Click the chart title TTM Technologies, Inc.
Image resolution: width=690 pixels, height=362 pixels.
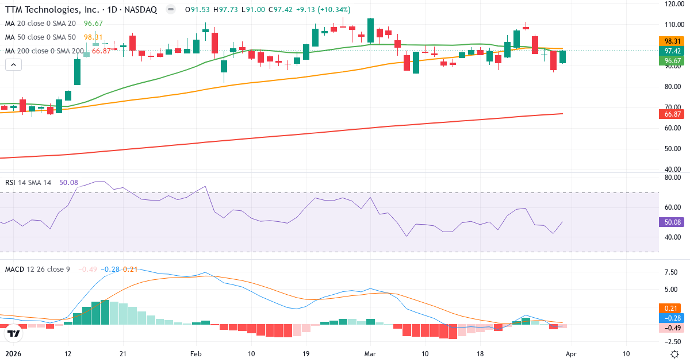pos(51,10)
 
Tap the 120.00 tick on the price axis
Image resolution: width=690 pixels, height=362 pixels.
pos(673,3)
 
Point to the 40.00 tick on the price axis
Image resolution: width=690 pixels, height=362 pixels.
pos(673,170)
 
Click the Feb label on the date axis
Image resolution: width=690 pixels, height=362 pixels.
pos(197,353)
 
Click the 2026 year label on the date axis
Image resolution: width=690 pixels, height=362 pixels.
pos(13,353)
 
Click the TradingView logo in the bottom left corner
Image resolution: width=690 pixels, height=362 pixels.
pos(14,333)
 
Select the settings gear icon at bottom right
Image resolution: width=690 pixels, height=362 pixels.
pos(674,353)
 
